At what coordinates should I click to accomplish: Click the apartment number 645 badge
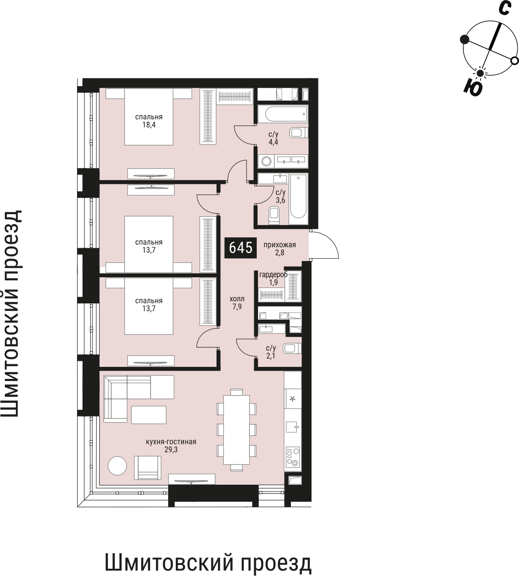point(240,248)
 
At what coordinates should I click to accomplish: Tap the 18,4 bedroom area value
point(149,125)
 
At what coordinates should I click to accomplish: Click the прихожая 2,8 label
point(279,249)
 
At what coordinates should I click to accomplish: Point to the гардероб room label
point(273,275)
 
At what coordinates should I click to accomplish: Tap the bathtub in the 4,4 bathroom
point(283,114)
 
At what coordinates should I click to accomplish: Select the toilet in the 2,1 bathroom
point(292,348)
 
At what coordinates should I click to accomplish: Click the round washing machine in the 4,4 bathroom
point(266,161)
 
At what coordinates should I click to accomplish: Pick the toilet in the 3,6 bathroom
point(274,215)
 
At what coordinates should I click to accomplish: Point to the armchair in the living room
point(148,468)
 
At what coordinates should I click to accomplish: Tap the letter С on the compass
point(504,8)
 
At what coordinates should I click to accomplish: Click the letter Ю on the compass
point(473,88)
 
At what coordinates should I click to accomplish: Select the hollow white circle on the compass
point(515,60)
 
